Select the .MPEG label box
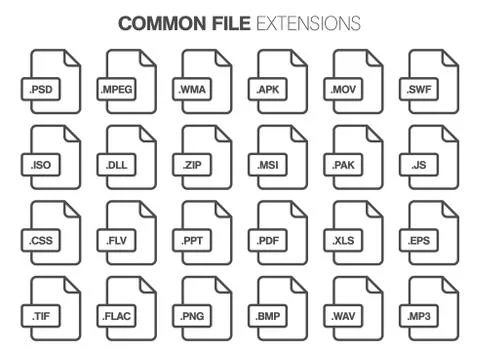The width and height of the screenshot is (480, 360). [118, 90]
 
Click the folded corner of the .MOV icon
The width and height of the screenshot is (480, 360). [372, 57]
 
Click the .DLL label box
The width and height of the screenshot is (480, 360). [118, 165]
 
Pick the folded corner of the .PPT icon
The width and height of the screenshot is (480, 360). [221, 208]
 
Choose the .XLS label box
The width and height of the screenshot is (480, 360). [345, 241]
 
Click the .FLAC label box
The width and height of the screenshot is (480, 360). [118, 317]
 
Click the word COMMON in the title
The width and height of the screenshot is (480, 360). [158, 22]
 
